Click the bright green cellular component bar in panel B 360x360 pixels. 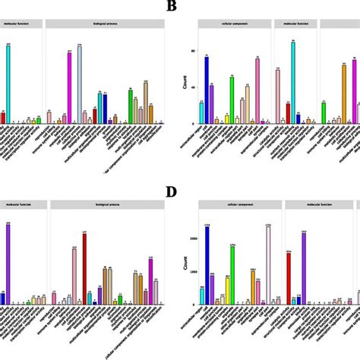tap(232, 99)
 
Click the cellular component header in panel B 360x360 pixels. tap(234, 24)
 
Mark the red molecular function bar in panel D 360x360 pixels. tap(289, 278)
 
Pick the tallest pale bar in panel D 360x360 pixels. tap(268, 254)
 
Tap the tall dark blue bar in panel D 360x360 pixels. tap(207, 254)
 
